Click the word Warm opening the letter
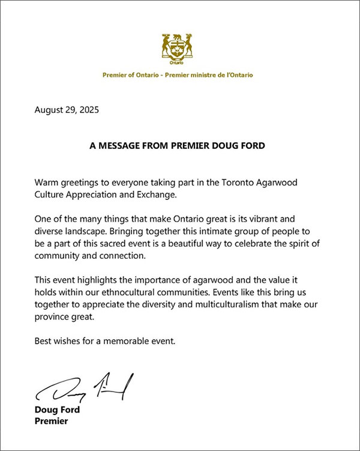click(47, 181)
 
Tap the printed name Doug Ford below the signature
click(57, 411)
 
